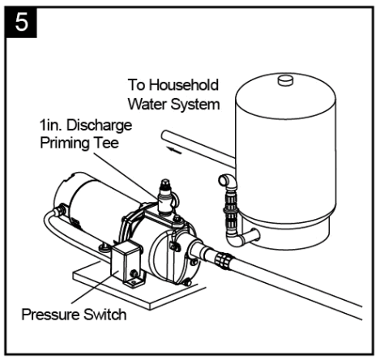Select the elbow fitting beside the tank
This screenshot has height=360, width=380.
click(228, 182)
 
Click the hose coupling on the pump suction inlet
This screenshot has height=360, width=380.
click(221, 261)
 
